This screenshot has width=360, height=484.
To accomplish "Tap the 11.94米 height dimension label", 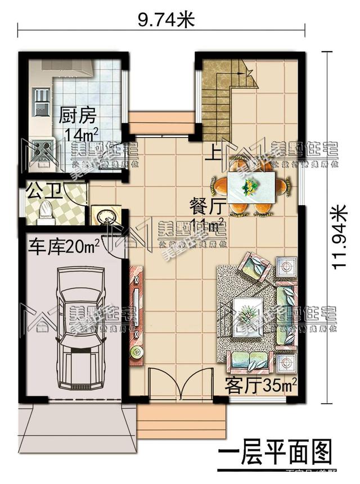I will point(339,237).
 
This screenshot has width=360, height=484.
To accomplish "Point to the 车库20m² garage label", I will point(64,246).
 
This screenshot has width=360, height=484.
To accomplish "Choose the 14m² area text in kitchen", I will point(82,135).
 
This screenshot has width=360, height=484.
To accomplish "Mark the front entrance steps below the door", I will point(181,418).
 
